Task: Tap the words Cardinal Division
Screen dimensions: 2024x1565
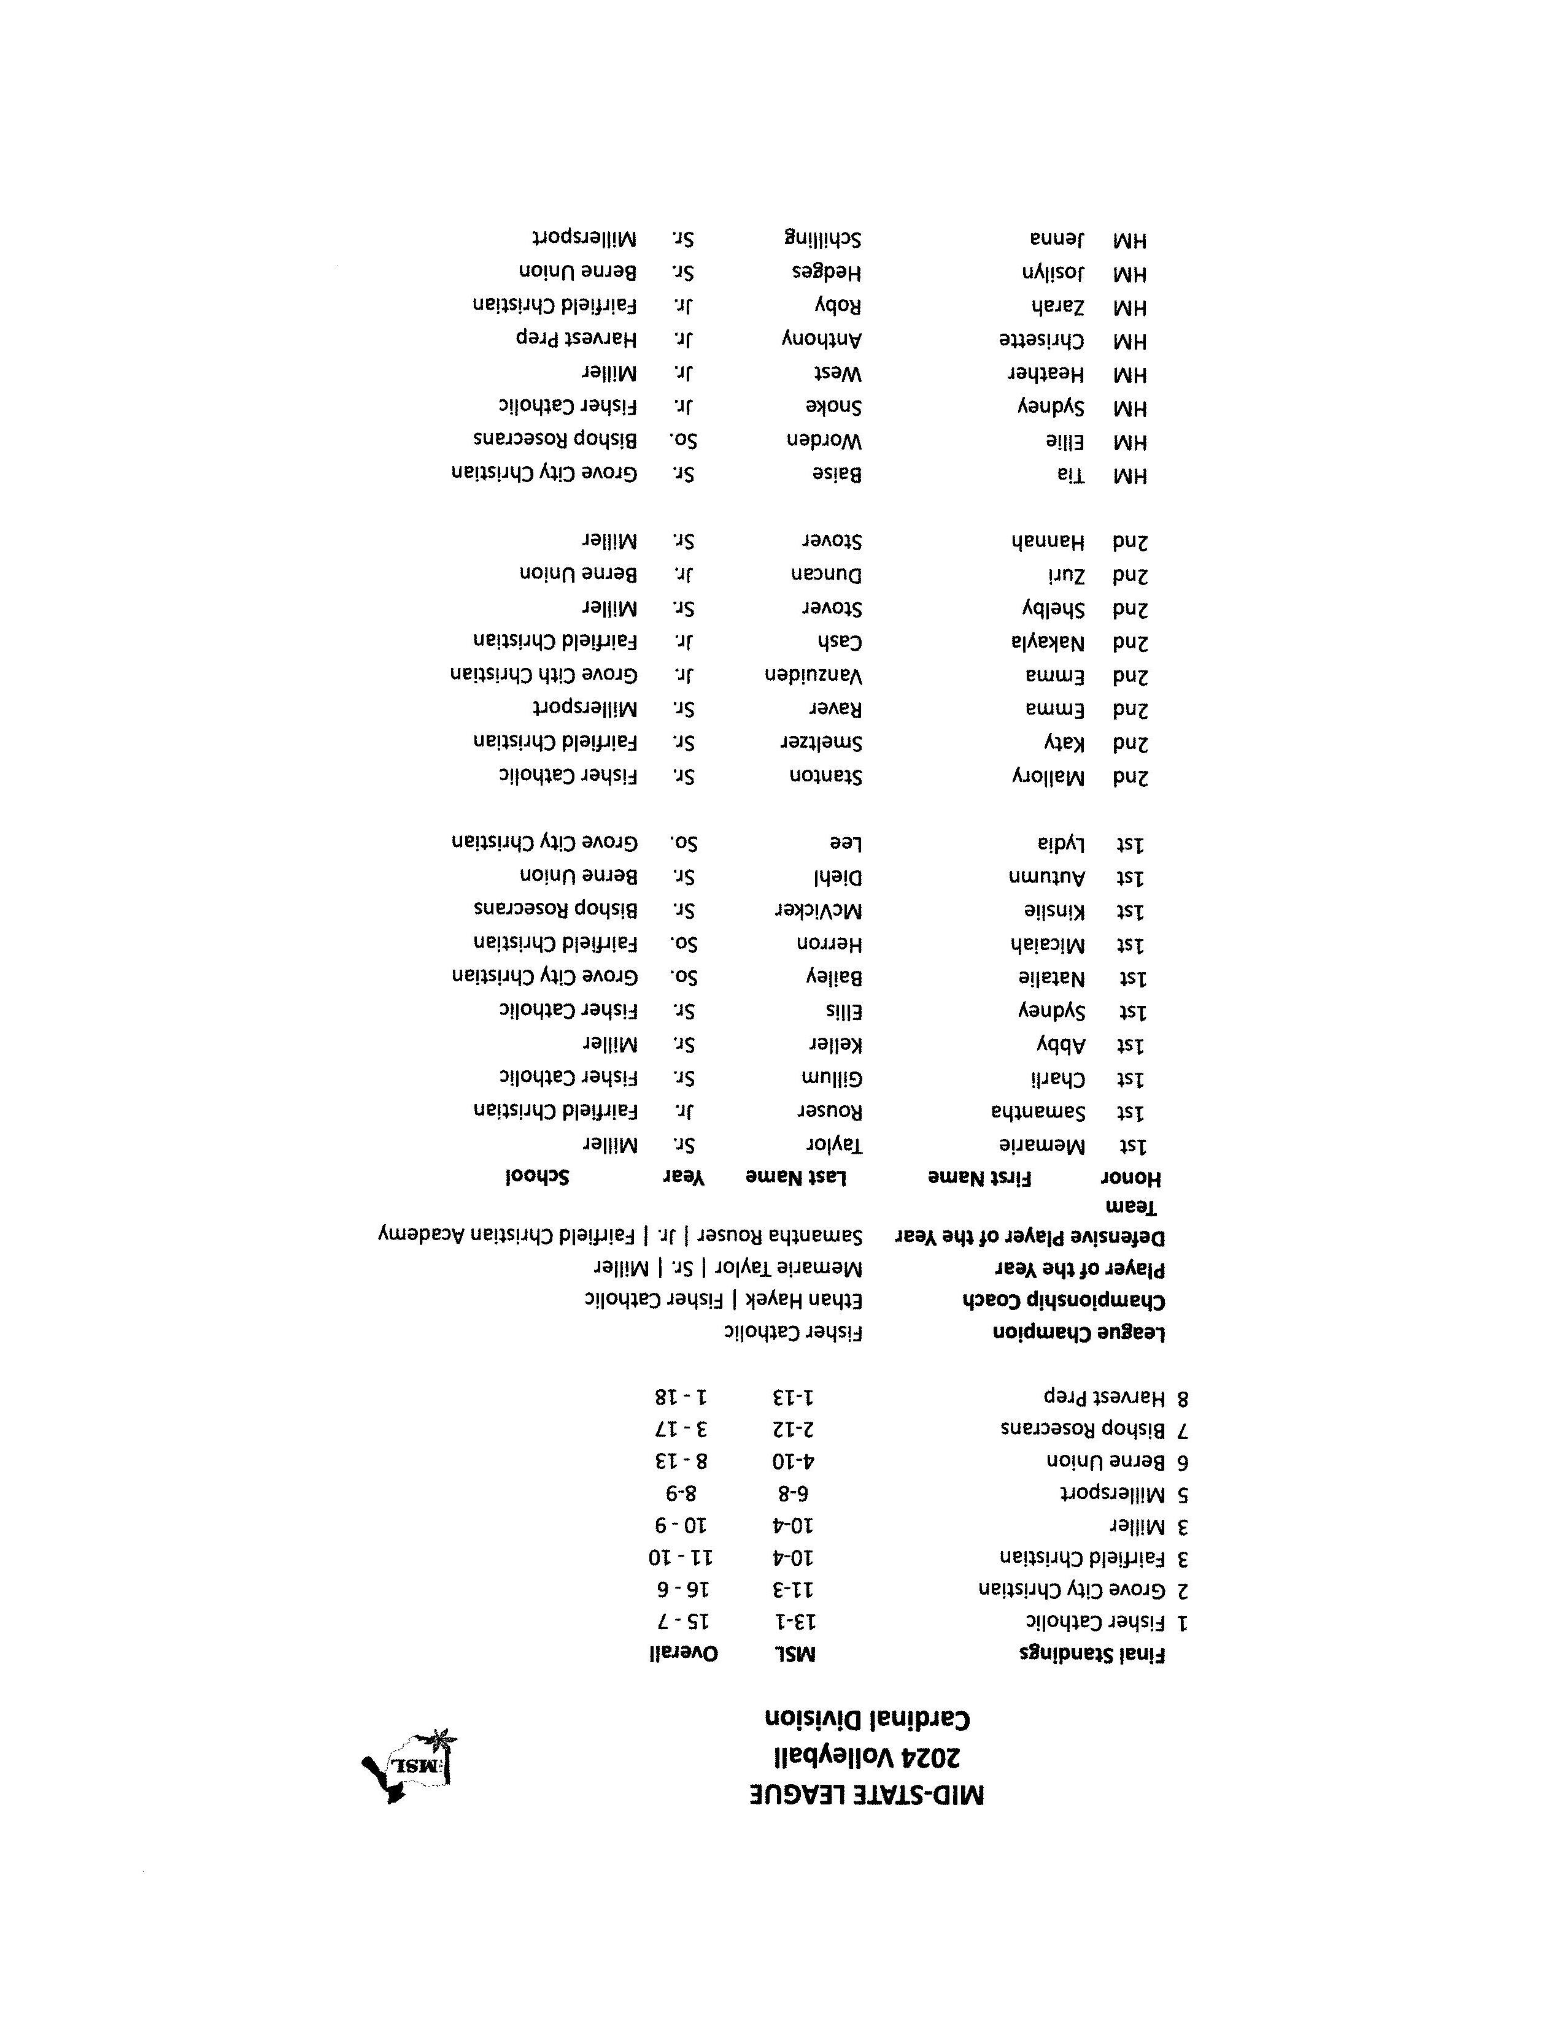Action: tap(866, 1719)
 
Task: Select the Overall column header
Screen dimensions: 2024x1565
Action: tap(683, 1654)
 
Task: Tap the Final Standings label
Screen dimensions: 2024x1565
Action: tap(1092, 1654)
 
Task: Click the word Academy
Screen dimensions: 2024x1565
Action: tap(415, 1236)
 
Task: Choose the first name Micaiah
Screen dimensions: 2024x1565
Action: tap(1048, 945)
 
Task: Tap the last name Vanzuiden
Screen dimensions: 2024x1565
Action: tap(813, 676)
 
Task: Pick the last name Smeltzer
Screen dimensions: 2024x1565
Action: tap(821, 742)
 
